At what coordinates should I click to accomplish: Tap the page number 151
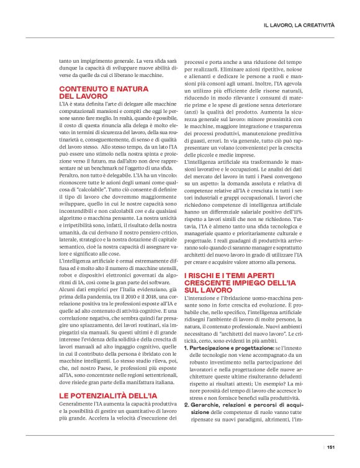click(331, 446)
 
